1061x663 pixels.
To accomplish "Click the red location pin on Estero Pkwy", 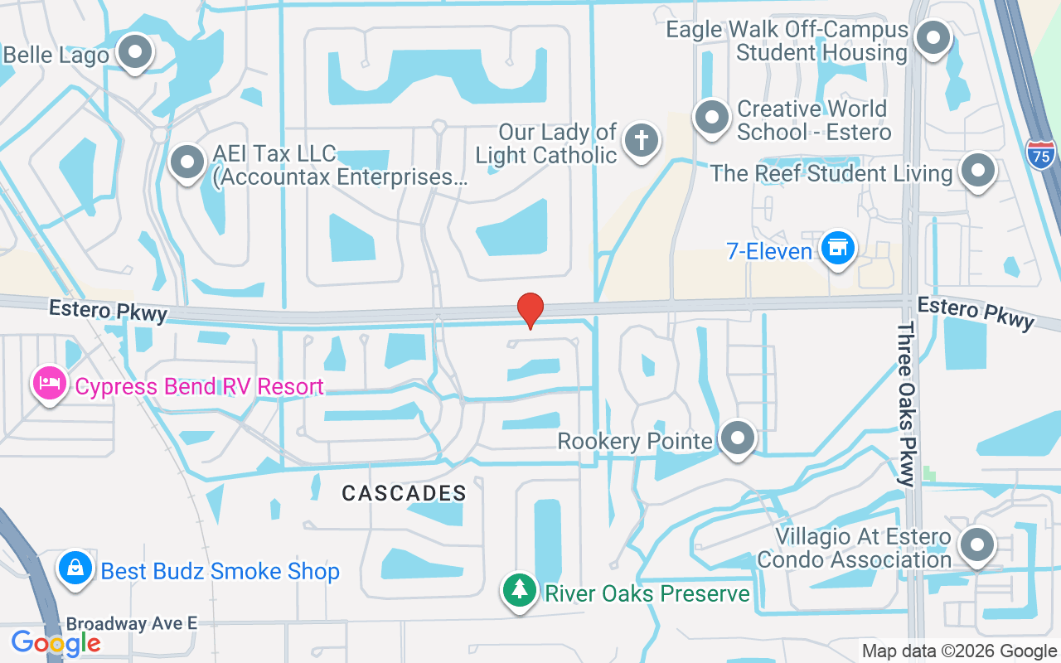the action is (530, 310).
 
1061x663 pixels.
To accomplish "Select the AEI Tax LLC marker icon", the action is (187, 161).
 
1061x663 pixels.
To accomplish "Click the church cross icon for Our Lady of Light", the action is (641, 139).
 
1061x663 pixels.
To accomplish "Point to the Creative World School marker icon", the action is (711, 118).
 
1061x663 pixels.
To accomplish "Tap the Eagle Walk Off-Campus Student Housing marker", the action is (935, 37).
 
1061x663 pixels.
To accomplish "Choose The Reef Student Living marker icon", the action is (978, 171).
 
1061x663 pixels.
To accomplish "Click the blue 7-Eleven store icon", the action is (838, 248).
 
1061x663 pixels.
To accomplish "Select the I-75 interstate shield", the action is (1040, 153).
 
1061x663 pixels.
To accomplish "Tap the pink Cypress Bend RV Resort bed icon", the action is (50, 385).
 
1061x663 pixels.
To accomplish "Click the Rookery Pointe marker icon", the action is (736, 438).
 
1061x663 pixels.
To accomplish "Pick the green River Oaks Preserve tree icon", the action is (519, 592).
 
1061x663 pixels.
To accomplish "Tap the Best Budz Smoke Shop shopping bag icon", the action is (75, 569).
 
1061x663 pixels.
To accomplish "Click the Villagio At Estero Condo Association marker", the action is (976, 546).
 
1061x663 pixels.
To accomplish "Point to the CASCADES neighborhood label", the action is (405, 493).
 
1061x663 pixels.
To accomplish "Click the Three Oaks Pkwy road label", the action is (907, 404).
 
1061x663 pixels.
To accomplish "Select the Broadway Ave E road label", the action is (132, 623).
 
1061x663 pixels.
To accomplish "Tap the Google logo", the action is (56, 642).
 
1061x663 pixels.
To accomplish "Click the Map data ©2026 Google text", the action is (959, 651).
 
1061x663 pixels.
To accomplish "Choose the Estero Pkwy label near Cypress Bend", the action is (109, 311).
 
